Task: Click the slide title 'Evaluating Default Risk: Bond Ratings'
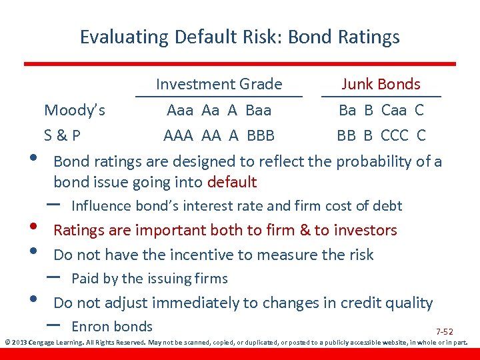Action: click(x=240, y=36)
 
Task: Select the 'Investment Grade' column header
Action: click(x=219, y=84)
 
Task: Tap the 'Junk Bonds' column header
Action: click(x=381, y=84)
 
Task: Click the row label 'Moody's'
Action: click(x=74, y=109)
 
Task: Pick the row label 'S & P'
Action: click(x=62, y=135)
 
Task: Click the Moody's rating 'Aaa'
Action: click(x=181, y=109)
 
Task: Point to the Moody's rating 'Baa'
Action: click(x=258, y=109)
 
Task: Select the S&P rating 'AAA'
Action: click(x=178, y=135)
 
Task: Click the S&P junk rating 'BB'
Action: click(x=346, y=135)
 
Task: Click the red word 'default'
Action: click(x=232, y=182)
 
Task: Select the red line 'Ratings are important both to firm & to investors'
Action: click(x=225, y=231)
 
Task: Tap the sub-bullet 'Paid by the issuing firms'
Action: click(x=149, y=279)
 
